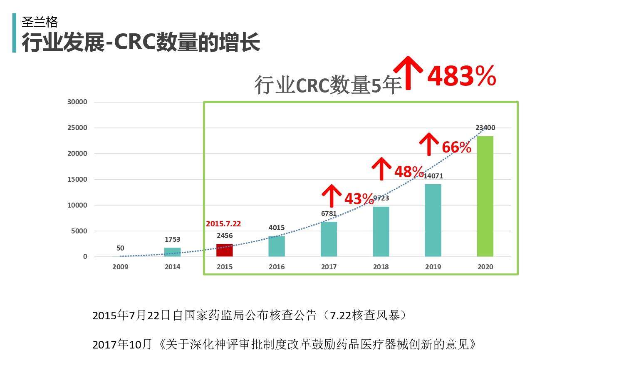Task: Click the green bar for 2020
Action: pyautogui.click(x=485, y=196)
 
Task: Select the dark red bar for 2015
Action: pyautogui.click(x=225, y=250)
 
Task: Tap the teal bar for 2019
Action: pyautogui.click(x=433, y=220)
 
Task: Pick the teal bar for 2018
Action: pyautogui.click(x=381, y=231)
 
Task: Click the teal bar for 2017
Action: pyautogui.click(x=329, y=239)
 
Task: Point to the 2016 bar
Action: pyautogui.click(x=277, y=246)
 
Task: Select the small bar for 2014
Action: pyautogui.click(x=172, y=252)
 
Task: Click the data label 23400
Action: pyautogui.click(x=485, y=128)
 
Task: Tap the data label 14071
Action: pyautogui.click(x=433, y=176)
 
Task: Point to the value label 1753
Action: pyautogui.click(x=172, y=239)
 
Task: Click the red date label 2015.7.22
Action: pyautogui.click(x=223, y=224)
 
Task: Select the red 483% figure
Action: pyautogui.click(x=462, y=76)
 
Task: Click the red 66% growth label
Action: pyautogui.click(x=456, y=147)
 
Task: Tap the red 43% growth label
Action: pyautogui.click(x=359, y=199)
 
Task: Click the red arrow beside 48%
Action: pyautogui.click(x=381, y=168)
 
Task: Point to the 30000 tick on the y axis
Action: pyautogui.click(x=77, y=102)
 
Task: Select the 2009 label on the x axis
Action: pyautogui.click(x=120, y=267)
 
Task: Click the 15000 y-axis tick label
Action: pyautogui.click(x=77, y=179)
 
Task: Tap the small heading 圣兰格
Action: pyautogui.click(x=40, y=21)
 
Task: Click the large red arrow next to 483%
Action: pyautogui.click(x=408, y=73)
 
